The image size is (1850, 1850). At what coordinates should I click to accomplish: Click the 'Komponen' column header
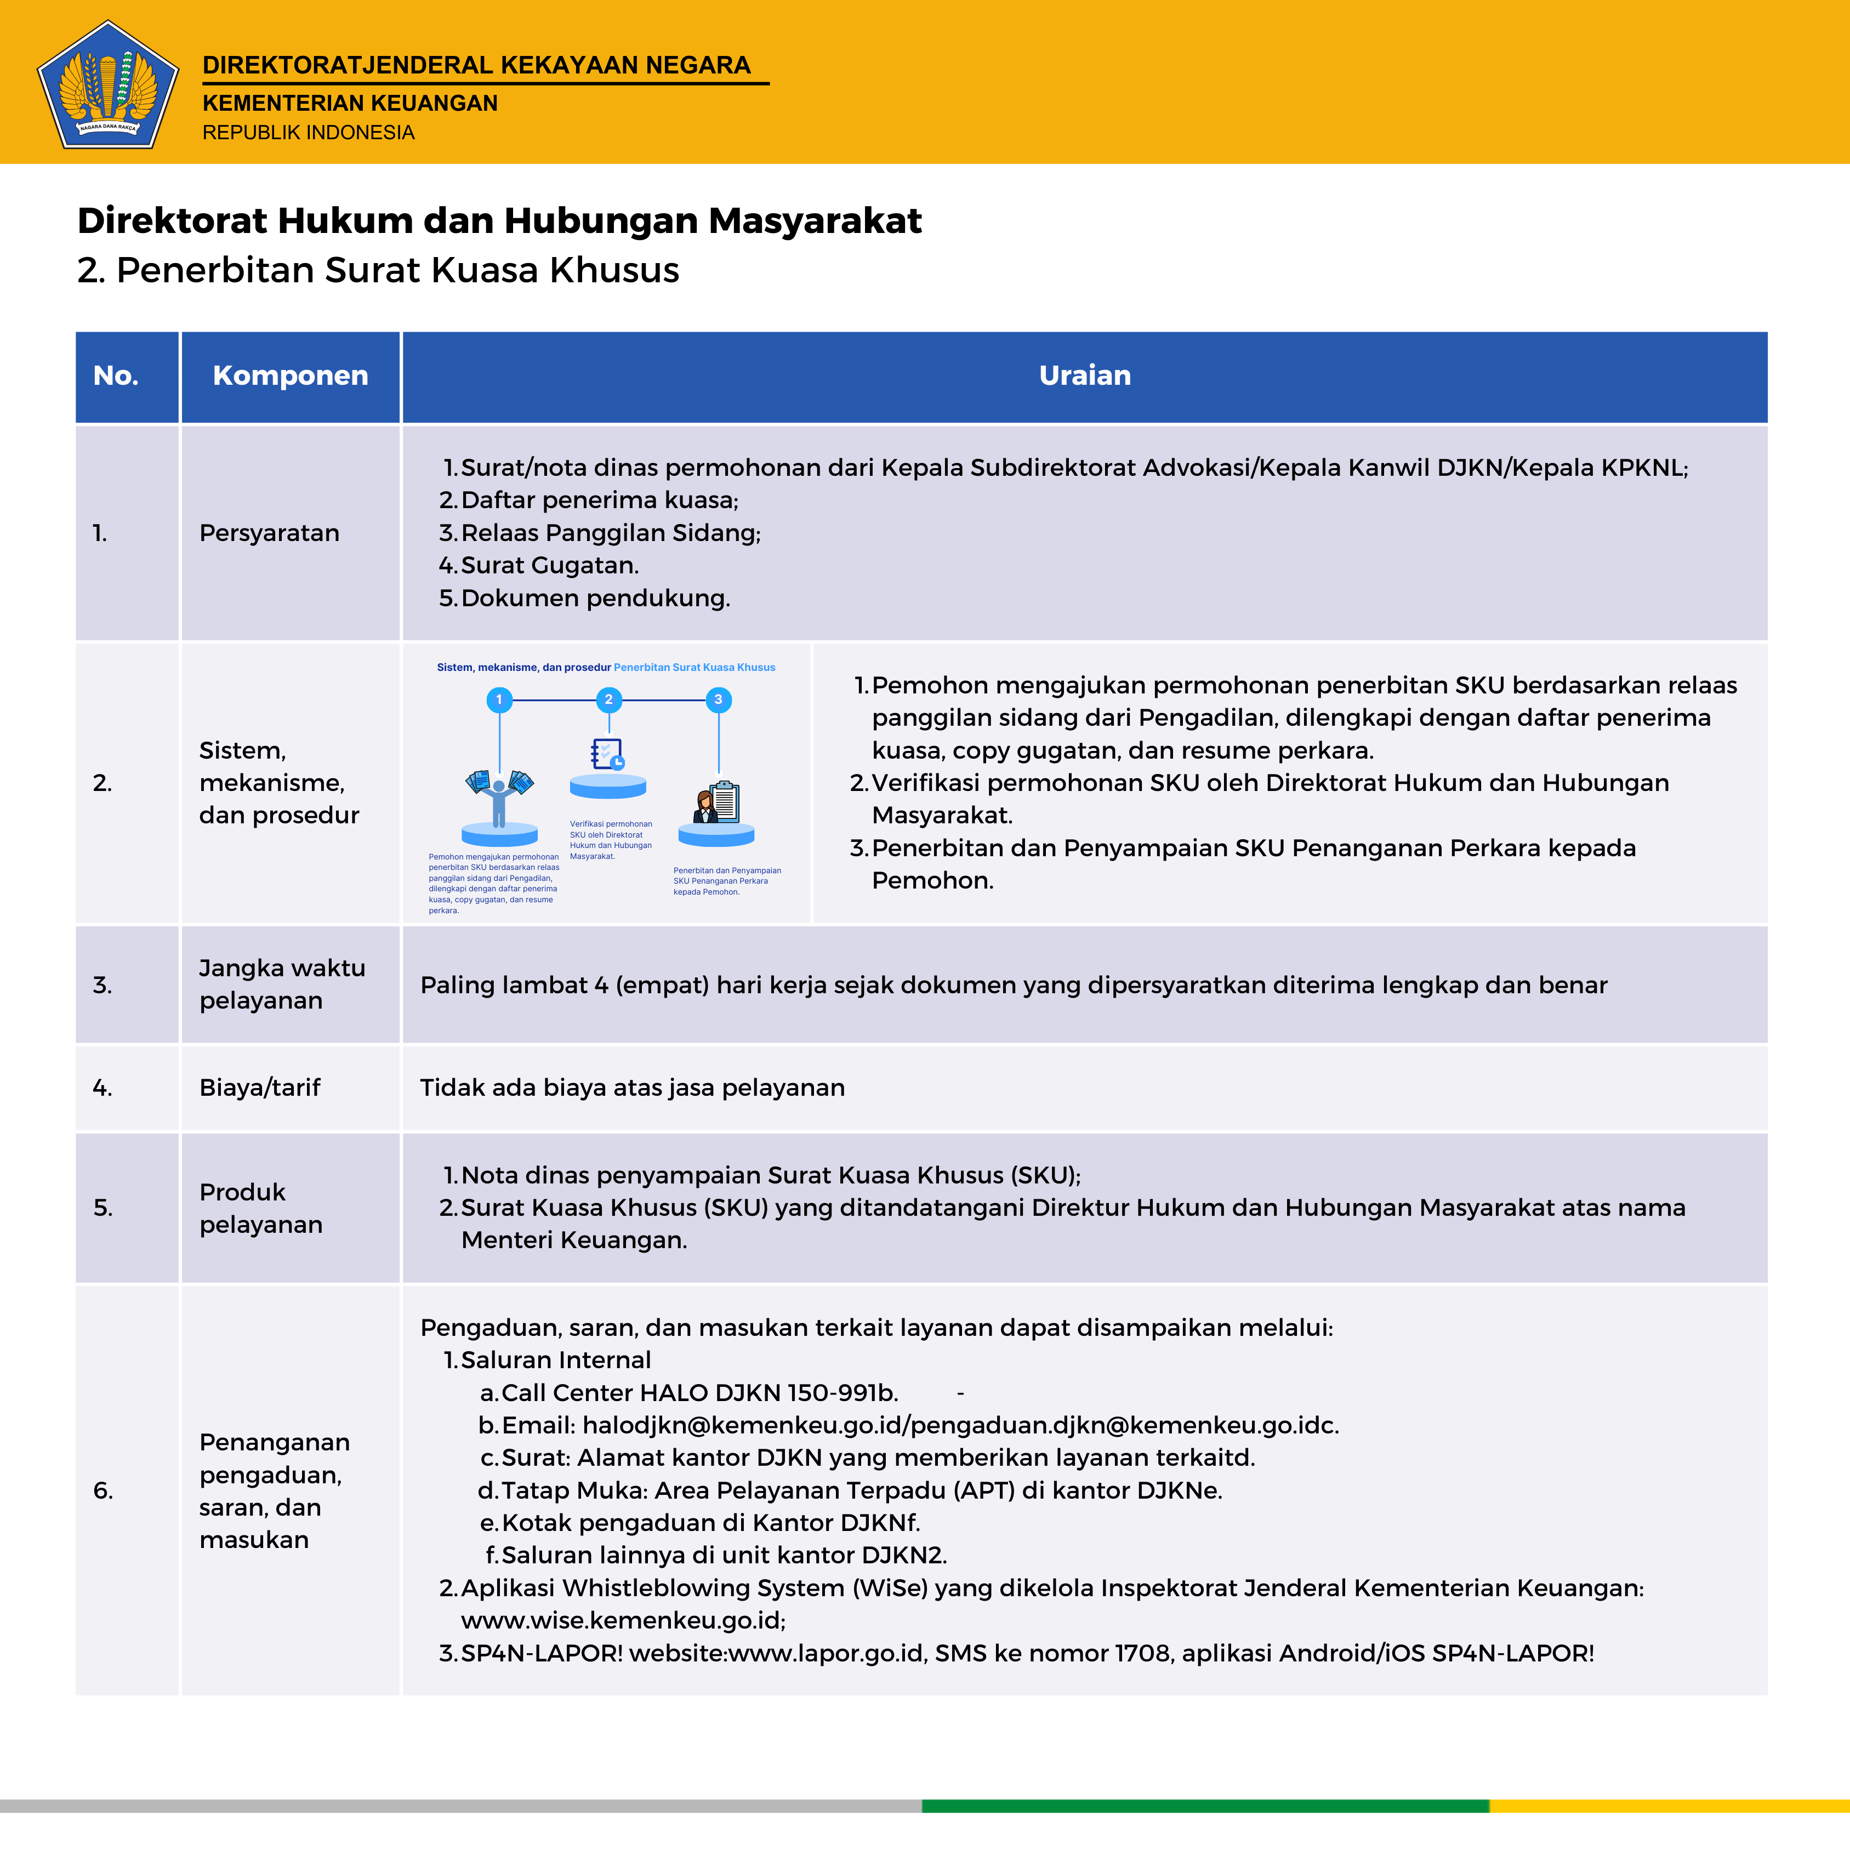(x=290, y=375)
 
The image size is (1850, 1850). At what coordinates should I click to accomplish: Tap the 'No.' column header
(x=116, y=375)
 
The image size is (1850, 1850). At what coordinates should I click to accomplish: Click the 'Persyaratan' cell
(x=269, y=533)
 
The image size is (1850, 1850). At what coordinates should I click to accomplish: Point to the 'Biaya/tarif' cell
(x=259, y=1088)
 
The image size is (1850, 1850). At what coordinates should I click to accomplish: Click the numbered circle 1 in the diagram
(x=499, y=700)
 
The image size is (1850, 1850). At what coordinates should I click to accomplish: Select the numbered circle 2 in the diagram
(x=608, y=700)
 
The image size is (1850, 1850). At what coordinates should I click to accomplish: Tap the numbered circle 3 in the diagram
(x=718, y=700)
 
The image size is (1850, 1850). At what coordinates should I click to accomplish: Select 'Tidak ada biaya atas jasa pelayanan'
(x=632, y=1088)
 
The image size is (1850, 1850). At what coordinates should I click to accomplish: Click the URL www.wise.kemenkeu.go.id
(x=622, y=1620)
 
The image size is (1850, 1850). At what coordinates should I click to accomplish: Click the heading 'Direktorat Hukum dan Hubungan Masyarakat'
(x=499, y=220)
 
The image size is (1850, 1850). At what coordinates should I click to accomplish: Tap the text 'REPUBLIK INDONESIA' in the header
(x=308, y=132)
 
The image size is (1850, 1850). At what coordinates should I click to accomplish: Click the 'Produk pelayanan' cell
(x=260, y=1209)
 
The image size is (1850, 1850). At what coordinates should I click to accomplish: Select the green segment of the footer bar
(x=1205, y=1806)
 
